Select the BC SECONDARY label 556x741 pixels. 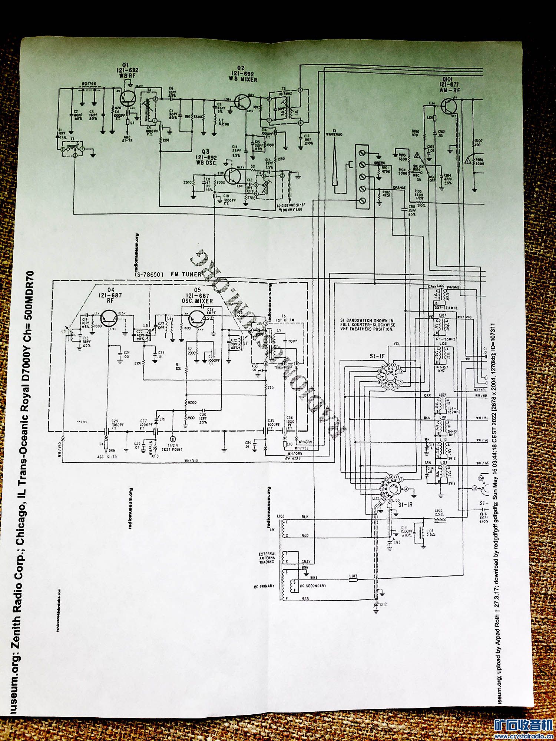pyautogui.click(x=314, y=586)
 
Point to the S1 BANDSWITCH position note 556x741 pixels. pyautogui.click(x=367, y=325)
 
